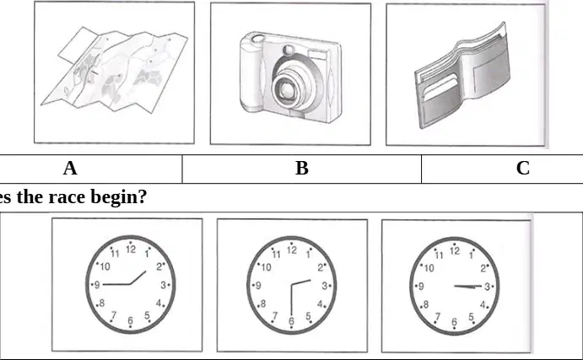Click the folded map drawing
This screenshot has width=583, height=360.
(114, 70)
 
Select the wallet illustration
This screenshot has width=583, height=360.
(463, 75)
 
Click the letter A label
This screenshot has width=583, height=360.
(70, 169)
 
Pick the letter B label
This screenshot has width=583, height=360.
(302, 169)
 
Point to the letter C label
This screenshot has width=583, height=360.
(523, 168)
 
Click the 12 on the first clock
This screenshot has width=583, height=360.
(131, 250)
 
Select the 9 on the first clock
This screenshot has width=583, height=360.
(97, 285)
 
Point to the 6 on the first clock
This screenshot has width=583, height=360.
(130, 320)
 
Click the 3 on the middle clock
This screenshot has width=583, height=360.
(325, 286)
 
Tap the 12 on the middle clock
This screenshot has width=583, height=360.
(292, 250)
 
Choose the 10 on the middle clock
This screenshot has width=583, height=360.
(267, 267)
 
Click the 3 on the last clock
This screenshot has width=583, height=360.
(487, 287)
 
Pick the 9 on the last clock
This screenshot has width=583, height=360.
(421, 287)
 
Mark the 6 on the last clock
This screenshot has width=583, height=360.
(454, 322)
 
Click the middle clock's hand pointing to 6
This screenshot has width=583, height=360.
(292, 301)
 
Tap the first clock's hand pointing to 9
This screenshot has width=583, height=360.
(116, 284)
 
